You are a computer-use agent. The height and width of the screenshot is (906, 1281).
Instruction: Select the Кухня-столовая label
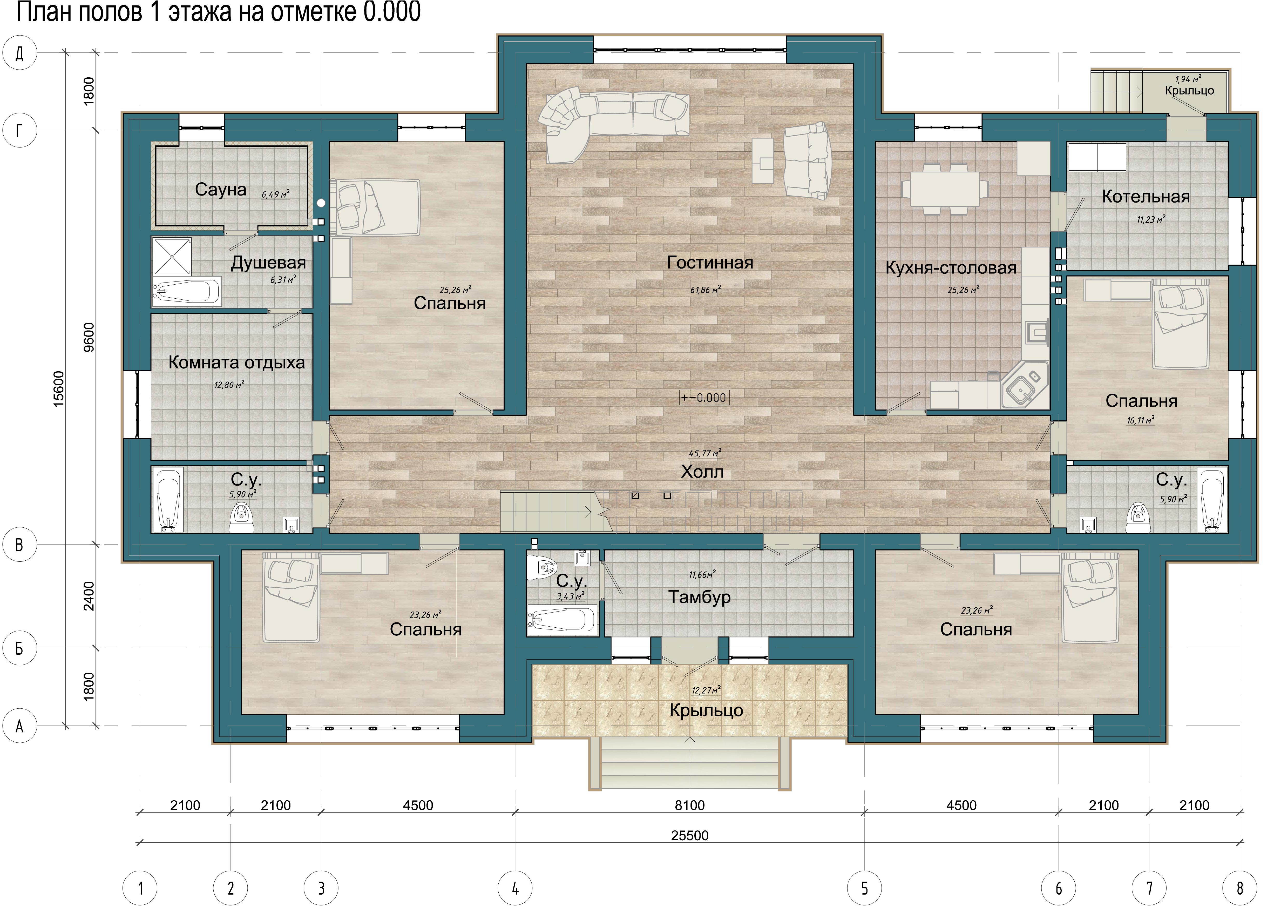(951, 268)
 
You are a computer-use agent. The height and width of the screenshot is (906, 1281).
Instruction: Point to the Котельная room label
(1146, 197)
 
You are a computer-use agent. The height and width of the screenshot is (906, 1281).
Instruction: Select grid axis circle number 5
(864, 888)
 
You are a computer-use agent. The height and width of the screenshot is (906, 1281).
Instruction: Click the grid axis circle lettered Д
(19, 53)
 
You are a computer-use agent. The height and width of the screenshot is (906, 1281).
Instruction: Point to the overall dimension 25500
(690, 836)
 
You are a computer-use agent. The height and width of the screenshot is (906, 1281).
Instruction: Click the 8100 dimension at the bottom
(690, 806)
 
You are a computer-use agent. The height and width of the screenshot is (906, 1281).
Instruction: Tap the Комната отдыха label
(236, 363)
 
